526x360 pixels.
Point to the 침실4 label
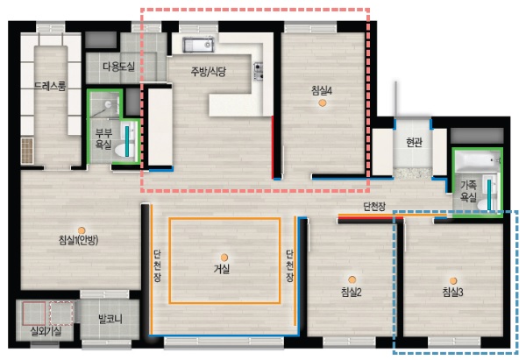coord(322,89)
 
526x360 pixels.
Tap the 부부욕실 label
coord(103,138)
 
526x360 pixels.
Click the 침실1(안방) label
coord(78,241)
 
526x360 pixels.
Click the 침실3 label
coord(452,292)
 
